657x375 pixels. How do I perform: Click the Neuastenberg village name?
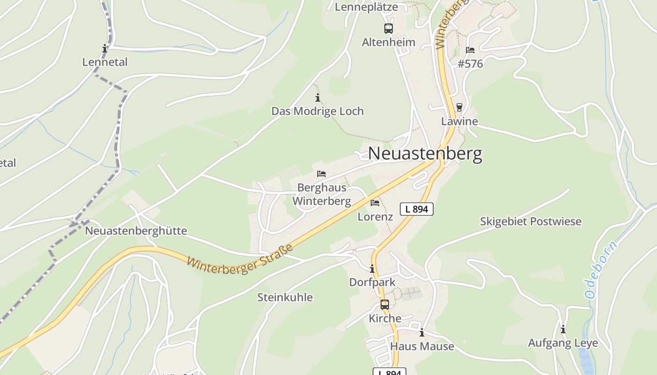pos(425,154)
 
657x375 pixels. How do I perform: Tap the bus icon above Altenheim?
pos(389,29)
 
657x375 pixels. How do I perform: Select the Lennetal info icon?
pos(105,49)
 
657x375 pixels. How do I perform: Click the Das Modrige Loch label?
pos(318,112)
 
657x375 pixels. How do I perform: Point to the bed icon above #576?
pos(470,50)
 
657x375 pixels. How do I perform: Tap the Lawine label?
pos(459,121)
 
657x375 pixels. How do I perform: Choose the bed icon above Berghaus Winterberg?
pos(321,174)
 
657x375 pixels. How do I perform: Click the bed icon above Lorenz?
pos(375,203)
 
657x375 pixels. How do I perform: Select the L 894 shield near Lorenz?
pos(416,209)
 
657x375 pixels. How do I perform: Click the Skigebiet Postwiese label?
pos(530,221)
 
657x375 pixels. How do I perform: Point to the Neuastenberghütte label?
pos(136,231)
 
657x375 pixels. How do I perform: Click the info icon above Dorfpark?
pos(372,269)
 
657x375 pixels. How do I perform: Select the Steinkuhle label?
pos(285,297)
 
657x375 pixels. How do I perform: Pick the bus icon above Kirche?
pos(385,305)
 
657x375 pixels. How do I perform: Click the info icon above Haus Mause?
pos(422,333)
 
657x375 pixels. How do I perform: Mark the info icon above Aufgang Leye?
pos(563,330)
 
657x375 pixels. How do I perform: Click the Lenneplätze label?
pos(366,7)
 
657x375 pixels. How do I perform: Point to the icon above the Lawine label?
pos(459,107)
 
